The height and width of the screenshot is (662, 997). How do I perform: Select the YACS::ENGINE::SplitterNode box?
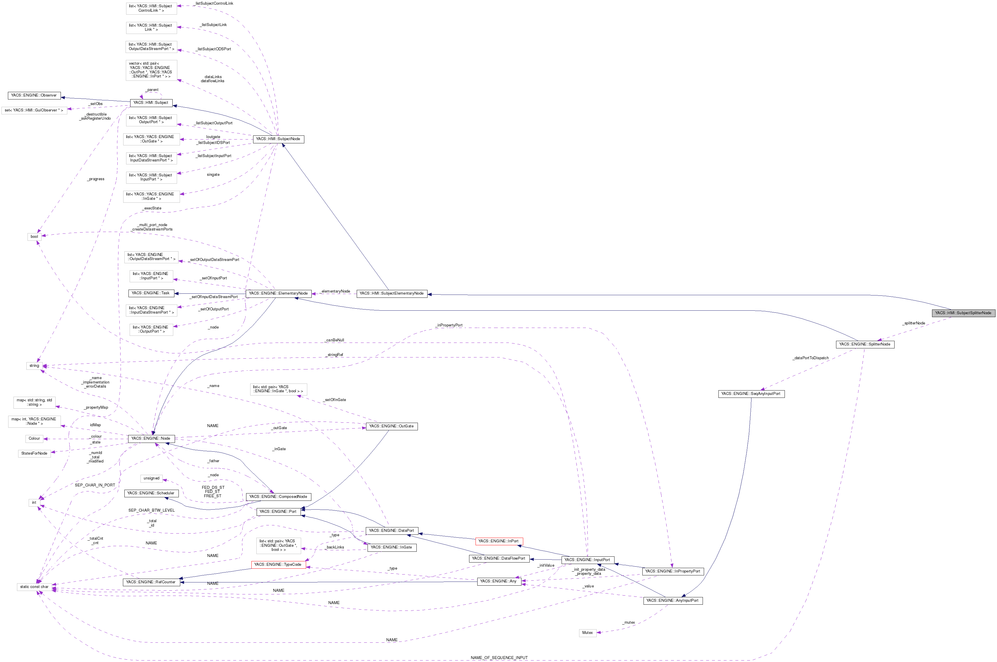coord(864,344)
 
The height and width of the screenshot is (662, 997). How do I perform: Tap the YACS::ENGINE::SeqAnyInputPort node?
coord(751,393)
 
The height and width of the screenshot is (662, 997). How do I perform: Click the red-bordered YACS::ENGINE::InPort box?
coord(498,541)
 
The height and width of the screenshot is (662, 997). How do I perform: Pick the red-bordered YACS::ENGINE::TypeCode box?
coord(278,565)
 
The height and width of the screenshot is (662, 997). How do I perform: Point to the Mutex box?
coord(587,632)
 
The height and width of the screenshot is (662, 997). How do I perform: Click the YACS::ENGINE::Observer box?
coord(34,95)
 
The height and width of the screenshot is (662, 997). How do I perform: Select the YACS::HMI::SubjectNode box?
coord(278,139)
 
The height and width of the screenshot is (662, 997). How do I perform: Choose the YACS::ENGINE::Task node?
coord(151,293)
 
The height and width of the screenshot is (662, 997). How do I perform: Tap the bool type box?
coord(34,236)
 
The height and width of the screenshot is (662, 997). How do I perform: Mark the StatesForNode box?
coord(34,453)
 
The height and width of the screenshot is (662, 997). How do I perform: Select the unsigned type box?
coord(151,478)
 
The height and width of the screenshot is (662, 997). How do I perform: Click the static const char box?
coord(34,587)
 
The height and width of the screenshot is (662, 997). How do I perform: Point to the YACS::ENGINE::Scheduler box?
coord(151,493)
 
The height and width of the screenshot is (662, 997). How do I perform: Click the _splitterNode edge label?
coord(913,323)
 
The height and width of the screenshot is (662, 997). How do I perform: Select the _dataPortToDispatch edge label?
coord(810,358)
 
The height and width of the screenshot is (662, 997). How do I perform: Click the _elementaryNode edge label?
coord(335,291)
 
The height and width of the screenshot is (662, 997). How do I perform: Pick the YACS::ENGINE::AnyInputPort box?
coord(673,600)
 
